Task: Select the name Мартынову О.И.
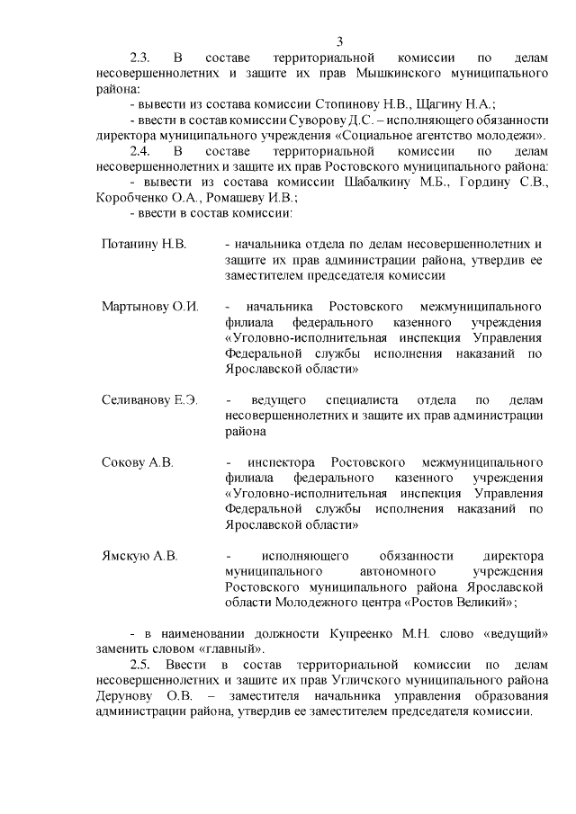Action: [x=150, y=306]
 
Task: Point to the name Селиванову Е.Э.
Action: [x=149, y=399]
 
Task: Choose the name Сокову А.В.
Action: [x=137, y=462]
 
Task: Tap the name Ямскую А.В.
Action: [x=139, y=555]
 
